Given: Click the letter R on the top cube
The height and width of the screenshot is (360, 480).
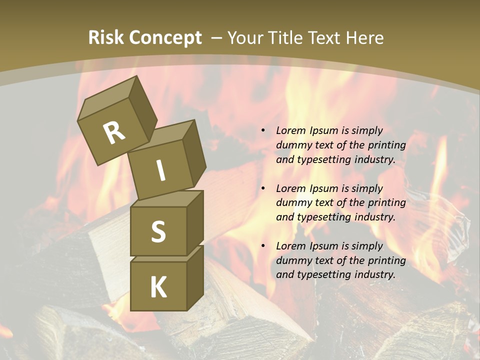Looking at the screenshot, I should pos(114,133).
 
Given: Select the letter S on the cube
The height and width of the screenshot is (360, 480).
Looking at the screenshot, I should pos(158,231).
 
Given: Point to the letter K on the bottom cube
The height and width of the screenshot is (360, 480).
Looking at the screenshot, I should pos(158,287).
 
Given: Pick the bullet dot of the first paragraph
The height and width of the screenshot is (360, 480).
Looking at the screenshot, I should pos(263,130).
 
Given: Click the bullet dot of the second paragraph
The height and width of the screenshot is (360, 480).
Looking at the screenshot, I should pos(263,188).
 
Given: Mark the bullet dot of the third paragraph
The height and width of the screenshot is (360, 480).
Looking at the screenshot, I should pos(263,246).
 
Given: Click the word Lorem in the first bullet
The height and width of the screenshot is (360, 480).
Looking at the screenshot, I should pos(289,130).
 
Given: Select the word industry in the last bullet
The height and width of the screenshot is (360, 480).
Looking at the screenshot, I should pos(374,274).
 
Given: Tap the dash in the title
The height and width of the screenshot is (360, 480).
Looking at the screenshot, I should pos(216,38).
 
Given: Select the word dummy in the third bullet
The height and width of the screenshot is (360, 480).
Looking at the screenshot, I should pos(292,260).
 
